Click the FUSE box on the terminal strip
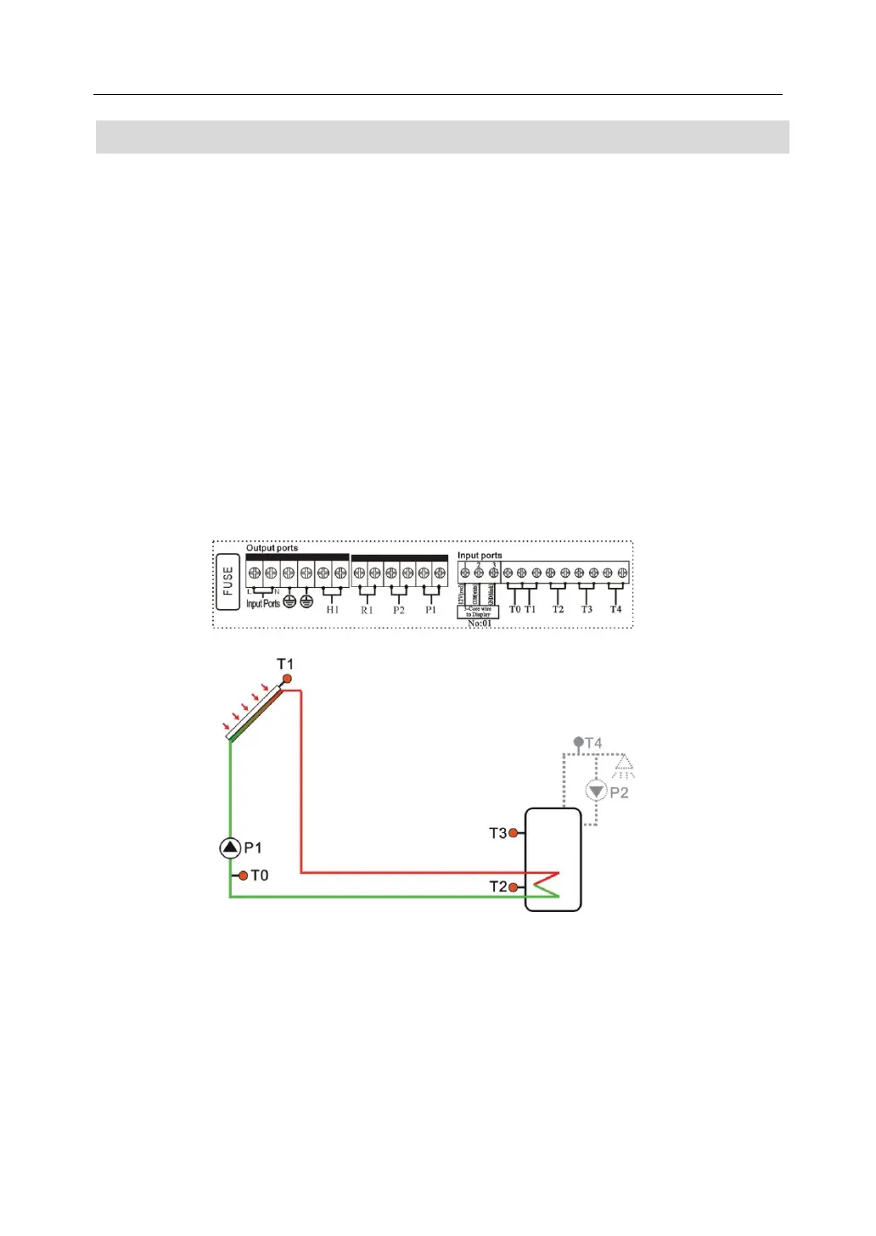(x=227, y=582)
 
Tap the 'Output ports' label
(x=272, y=548)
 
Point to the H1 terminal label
(x=332, y=610)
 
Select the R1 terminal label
(x=367, y=610)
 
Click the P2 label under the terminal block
(x=399, y=610)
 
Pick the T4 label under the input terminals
(x=615, y=609)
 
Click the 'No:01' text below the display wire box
(x=479, y=624)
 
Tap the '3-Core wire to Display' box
(x=478, y=611)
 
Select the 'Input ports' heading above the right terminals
(x=480, y=556)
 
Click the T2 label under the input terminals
(x=558, y=609)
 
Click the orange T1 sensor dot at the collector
(x=287, y=679)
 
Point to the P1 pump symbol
(x=230, y=847)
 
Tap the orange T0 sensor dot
(x=244, y=875)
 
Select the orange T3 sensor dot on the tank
(x=513, y=833)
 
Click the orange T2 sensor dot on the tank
(x=513, y=887)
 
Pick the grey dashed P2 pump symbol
(x=596, y=791)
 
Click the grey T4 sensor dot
(x=578, y=742)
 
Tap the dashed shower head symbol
(x=624, y=766)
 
